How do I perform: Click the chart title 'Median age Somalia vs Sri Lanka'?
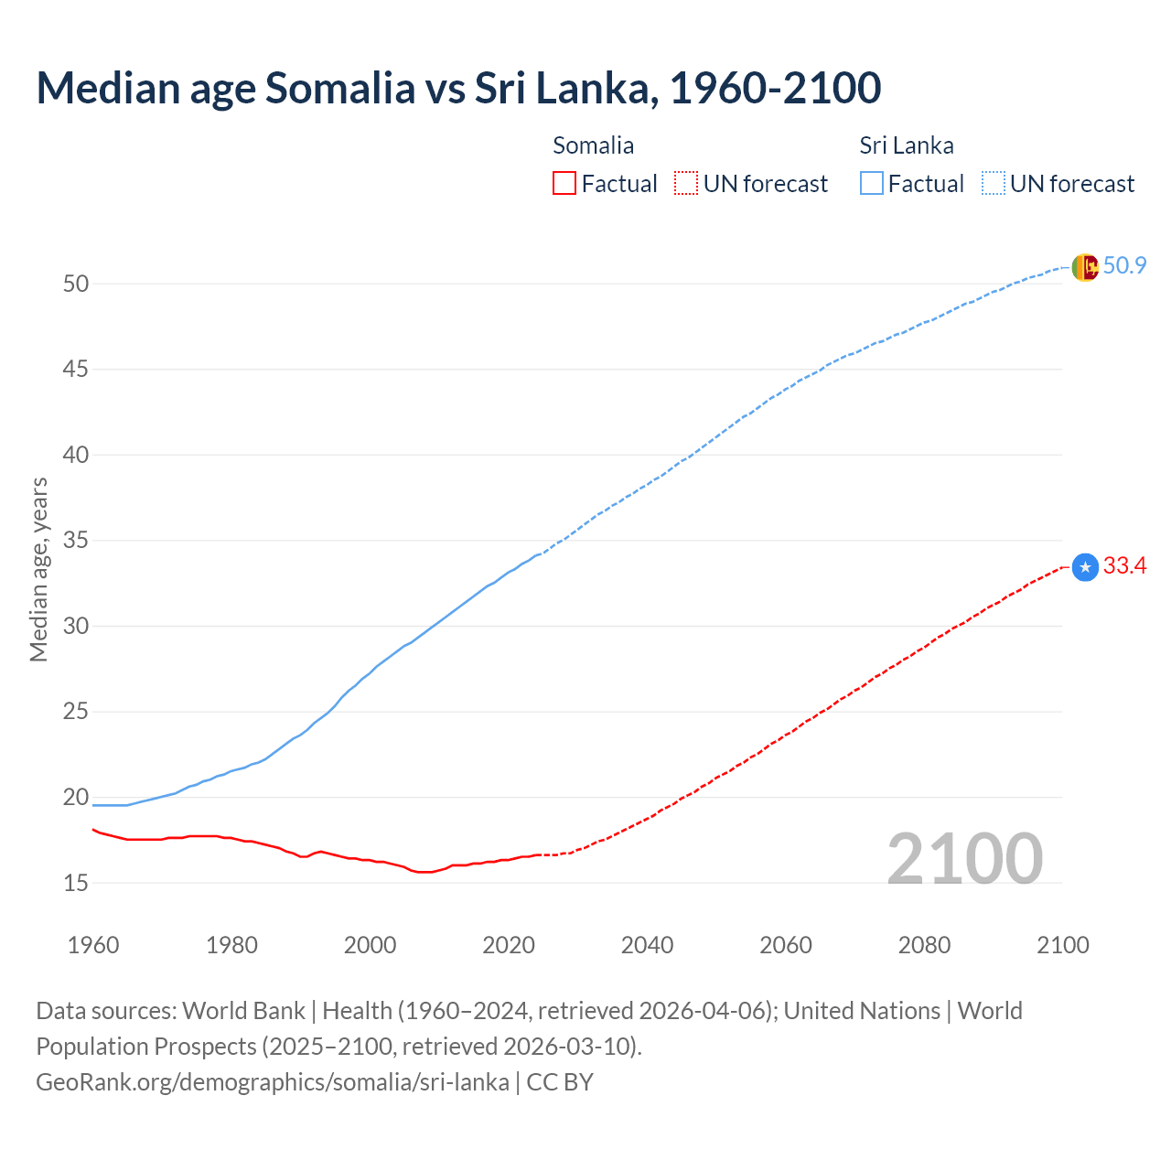point(458,88)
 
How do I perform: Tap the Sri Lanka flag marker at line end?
point(1084,267)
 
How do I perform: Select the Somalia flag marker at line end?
point(1084,567)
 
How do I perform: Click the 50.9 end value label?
point(1124,266)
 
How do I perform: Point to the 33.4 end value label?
point(1124,566)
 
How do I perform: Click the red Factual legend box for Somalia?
point(564,184)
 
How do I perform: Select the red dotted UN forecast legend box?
point(686,184)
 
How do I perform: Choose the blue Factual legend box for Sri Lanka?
point(872,184)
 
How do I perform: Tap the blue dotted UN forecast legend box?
point(993,184)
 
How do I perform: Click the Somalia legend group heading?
point(593,145)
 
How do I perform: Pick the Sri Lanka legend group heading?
point(906,145)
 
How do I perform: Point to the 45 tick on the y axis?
point(76,370)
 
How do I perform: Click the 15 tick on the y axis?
point(76,883)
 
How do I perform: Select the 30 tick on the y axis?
point(76,627)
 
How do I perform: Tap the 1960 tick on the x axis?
point(93,945)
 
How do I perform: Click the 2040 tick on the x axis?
point(647,945)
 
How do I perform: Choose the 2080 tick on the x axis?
point(924,945)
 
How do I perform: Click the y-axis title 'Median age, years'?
point(38,569)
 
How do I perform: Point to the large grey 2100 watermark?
point(964,858)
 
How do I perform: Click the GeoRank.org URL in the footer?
point(272,1082)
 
